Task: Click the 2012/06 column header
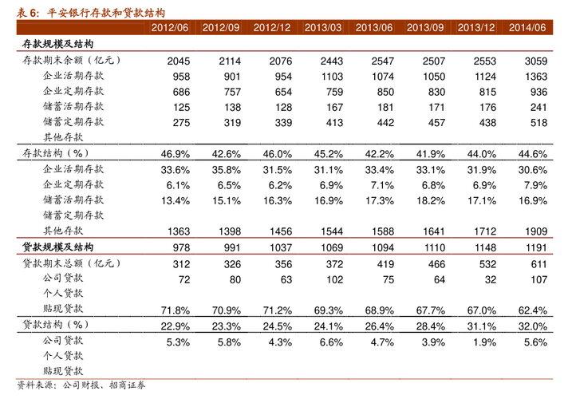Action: tap(170, 28)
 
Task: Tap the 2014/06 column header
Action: tap(528, 28)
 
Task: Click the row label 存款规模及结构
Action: tap(57, 45)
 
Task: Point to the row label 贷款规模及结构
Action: tap(57, 247)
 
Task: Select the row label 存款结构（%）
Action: tap(54, 153)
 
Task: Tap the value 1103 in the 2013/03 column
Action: tap(332, 77)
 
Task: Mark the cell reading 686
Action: tap(181, 92)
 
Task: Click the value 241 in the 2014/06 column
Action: tap(538, 107)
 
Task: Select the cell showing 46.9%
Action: tap(175, 154)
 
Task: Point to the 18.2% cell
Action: tap(430, 199)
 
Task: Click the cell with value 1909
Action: tap(536, 231)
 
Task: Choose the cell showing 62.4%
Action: tap(532, 310)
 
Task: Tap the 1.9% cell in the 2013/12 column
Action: tap(483, 342)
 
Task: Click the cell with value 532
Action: tap(487, 264)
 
